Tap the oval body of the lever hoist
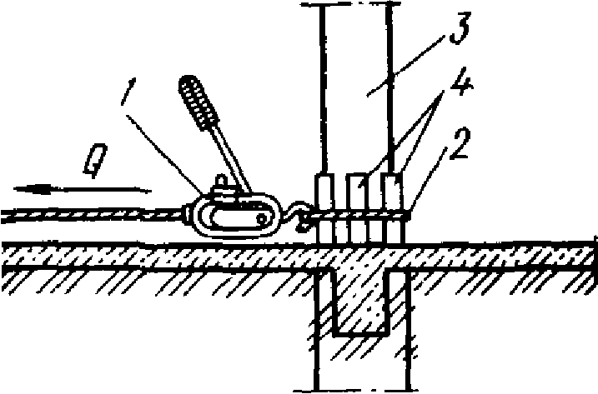pyautogui.click(x=238, y=216)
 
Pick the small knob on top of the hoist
pyautogui.click(x=221, y=180)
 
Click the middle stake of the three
pyautogui.click(x=356, y=208)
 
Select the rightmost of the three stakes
pyautogui.click(x=390, y=208)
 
